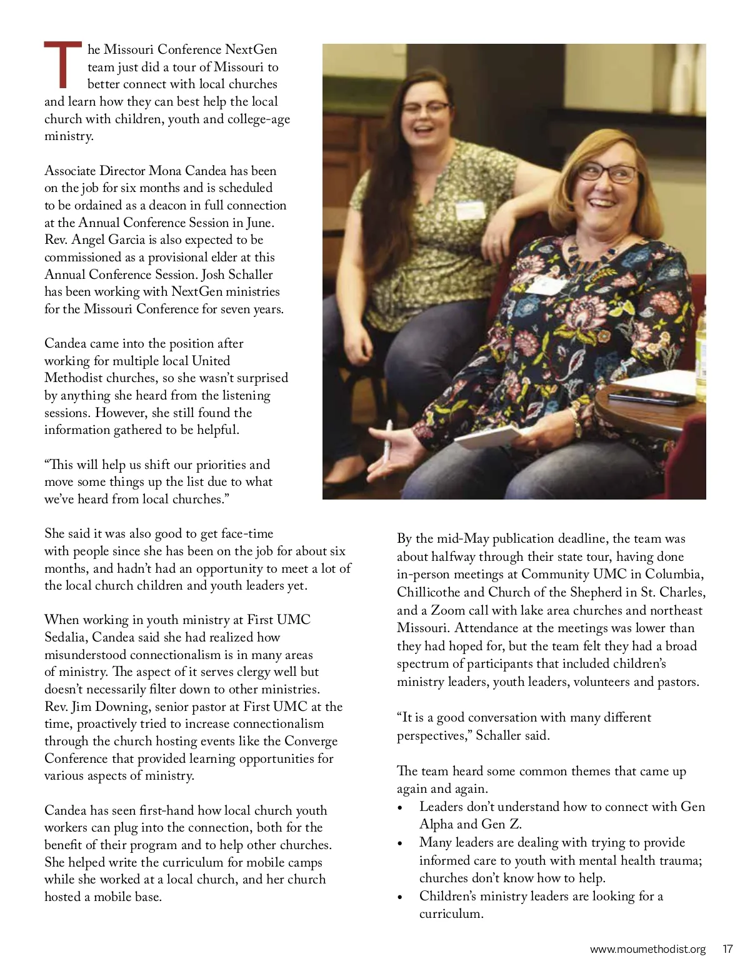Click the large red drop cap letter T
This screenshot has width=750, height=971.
(62, 64)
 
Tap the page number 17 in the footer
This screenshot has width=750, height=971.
(727, 949)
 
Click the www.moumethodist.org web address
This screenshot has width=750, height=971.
(647, 949)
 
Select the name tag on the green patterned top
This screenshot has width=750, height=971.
(469, 211)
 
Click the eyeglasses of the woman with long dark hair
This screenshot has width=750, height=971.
(426, 108)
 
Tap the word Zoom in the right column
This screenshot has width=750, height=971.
(449, 610)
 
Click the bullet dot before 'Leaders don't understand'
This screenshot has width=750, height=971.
(400, 808)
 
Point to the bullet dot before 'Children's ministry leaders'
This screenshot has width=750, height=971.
(400, 897)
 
